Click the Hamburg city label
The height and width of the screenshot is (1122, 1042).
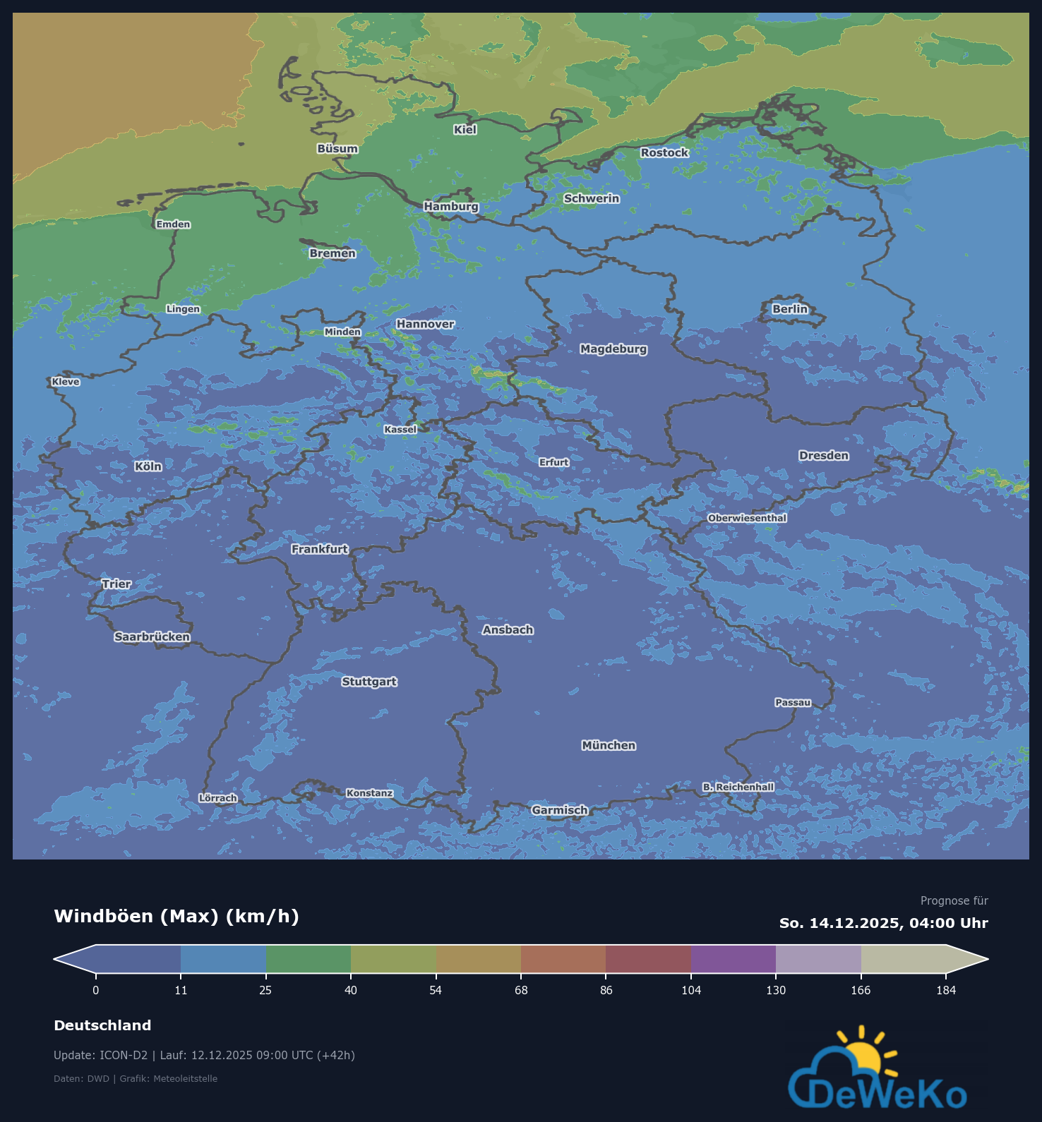[451, 206]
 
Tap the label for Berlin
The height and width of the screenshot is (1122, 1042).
[789, 309]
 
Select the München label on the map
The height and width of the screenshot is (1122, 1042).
[609, 745]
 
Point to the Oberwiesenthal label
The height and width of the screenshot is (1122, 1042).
[747, 518]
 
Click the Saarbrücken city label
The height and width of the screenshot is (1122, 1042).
[152, 637]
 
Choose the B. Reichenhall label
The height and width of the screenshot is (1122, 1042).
[738, 787]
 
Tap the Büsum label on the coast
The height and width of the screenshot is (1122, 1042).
[337, 148]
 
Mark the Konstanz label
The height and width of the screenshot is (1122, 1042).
[369, 793]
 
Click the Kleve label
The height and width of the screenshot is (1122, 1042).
[66, 382]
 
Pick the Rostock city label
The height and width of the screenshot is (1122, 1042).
[664, 152]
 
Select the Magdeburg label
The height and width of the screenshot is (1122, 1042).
[613, 349]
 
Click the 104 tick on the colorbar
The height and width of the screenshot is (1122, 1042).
[691, 990]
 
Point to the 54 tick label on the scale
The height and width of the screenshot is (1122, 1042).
[436, 990]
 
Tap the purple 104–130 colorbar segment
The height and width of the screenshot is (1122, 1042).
[733, 959]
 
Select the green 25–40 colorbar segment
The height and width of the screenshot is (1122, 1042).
[309, 959]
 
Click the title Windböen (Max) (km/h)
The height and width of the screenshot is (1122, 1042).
[176, 916]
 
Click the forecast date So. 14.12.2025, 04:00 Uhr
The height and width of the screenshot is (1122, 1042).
[883, 923]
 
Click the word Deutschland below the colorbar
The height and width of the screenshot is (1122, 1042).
[102, 1025]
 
